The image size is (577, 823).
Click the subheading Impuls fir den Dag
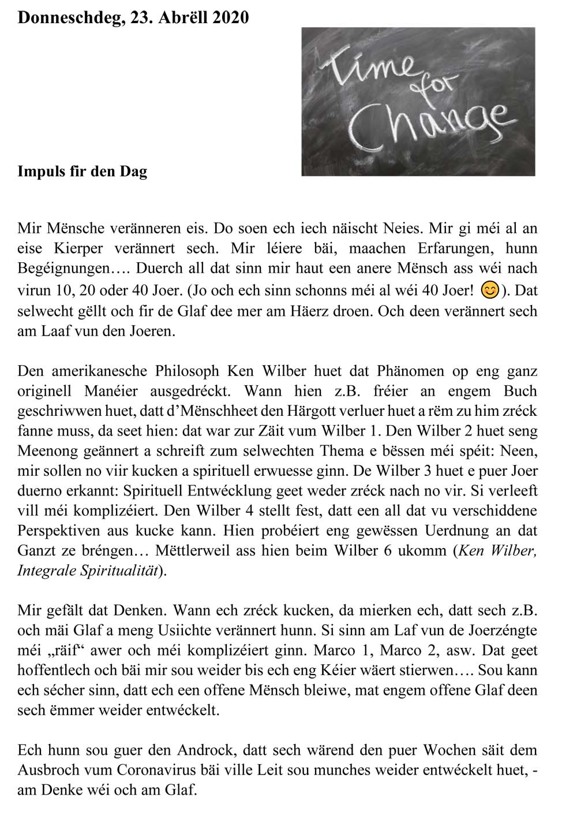click(82, 172)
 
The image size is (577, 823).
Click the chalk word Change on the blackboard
click(430, 122)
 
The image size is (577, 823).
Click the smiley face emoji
click(489, 289)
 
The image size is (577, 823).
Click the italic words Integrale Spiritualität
click(89, 571)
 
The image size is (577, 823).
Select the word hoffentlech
click(51, 671)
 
